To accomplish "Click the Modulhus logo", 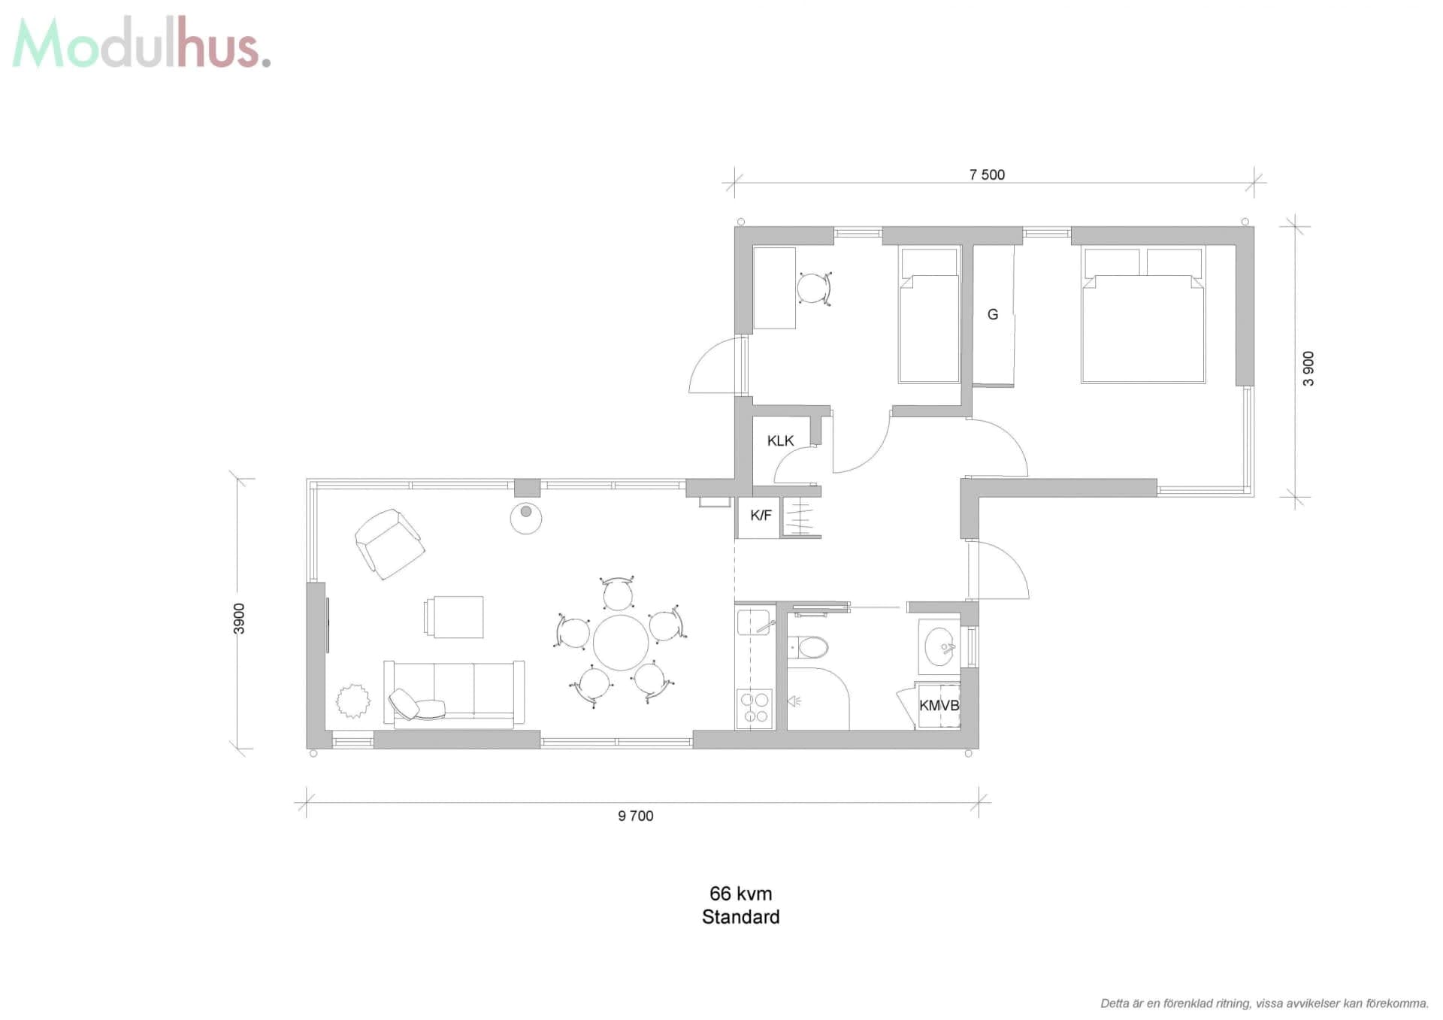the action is [141, 44].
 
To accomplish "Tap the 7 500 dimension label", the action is [987, 175].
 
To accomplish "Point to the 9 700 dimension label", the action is [636, 816].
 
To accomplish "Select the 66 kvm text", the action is [740, 894].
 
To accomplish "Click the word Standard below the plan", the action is [740, 917].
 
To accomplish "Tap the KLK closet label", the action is [780, 441].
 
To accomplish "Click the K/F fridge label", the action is [761, 516].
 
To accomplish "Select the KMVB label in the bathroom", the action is [939, 706].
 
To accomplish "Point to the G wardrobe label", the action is [993, 315].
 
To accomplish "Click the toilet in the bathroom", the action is [808, 647].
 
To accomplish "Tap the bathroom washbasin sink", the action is [939, 646].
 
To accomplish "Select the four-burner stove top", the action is [755, 708].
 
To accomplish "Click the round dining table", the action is [621, 643].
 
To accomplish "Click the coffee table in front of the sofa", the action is [454, 617].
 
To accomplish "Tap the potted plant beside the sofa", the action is [352, 701].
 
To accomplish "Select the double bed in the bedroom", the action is [1143, 315].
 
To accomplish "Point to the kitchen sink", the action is [754, 623].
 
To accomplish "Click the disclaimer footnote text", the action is [1265, 1003].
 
